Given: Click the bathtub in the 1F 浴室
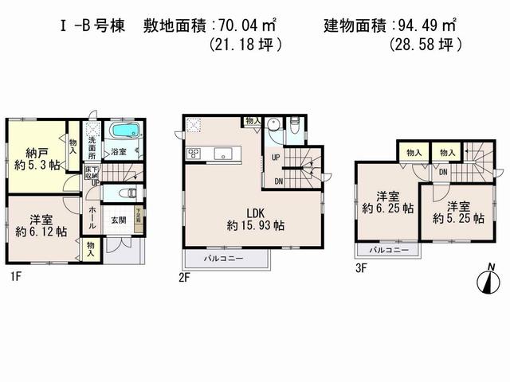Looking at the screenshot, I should click(124, 131).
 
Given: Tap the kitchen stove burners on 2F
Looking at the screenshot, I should click(193, 153).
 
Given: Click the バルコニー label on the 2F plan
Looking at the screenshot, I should click(226, 259).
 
